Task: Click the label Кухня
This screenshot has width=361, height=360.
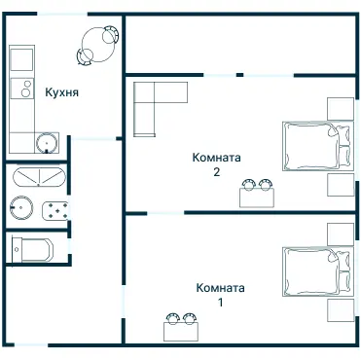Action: tap(61, 92)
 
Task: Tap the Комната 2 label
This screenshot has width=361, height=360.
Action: tap(217, 164)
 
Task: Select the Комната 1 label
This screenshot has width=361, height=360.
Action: tap(220, 295)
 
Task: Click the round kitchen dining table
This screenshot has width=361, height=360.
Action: tap(97, 45)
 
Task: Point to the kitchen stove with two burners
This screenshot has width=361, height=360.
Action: tap(22, 89)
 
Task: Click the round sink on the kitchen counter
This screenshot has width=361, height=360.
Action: tap(47, 143)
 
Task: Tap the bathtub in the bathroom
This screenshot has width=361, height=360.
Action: tap(39, 177)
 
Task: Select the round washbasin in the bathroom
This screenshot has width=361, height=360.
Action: tap(21, 207)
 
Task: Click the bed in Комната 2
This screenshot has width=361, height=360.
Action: tap(317, 146)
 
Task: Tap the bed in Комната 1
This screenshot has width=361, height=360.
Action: tap(317, 271)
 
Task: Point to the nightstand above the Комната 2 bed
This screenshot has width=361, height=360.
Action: tap(341, 109)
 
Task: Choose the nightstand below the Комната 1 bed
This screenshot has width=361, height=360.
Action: tap(341, 310)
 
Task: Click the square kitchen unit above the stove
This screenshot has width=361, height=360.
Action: tap(22, 59)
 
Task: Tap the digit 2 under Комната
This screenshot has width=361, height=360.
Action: tap(217, 172)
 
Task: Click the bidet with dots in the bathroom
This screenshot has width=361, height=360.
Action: tap(55, 210)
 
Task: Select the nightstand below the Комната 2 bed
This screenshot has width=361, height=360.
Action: tap(341, 185)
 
